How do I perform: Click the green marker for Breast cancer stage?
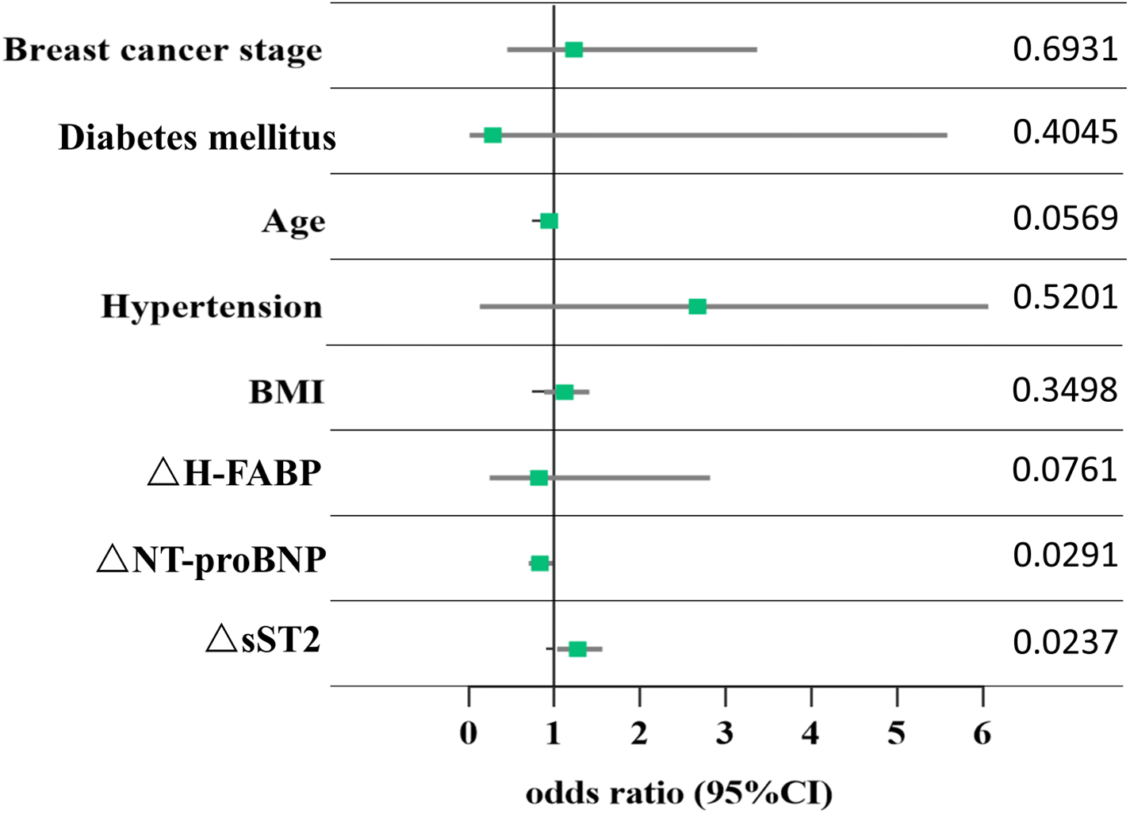coord(573,50)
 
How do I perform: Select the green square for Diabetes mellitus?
coord(492,136)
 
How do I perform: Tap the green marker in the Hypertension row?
coord(697,307)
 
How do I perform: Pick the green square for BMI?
coord(565,392)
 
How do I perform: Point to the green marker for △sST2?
coord(577,649)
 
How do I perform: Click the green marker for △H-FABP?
coord(538,478)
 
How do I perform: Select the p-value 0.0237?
coord(1064,642)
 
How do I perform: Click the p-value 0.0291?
coord(1064,556)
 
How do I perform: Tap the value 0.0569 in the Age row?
coord(1064,218)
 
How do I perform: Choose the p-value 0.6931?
coord(1064,49)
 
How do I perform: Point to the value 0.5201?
coord(1064,298)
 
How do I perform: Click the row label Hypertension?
coord(212,307)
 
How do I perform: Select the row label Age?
coord(293,222)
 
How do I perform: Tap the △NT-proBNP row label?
coord(211,560)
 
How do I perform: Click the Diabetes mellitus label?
coord(197,138)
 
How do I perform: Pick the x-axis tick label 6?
coord(983,734)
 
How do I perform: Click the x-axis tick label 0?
coord(469,734)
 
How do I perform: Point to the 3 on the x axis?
coord(725,734)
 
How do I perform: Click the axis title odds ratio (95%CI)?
coord(679,793)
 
